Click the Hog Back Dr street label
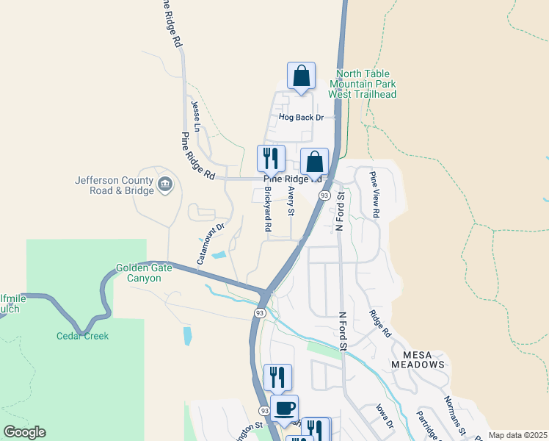click(x=301, y=117)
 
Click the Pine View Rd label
click(x=374, y=194)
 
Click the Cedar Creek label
click(x=82, y=336)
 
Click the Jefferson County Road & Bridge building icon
click(x=164, y=182)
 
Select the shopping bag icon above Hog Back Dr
click(x=301, y=76)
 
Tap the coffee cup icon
click(x=284, y=408)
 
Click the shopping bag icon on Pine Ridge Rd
click(x=314, y=162)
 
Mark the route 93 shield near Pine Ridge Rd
click(x=324, y=195)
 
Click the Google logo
click(x=24, y=432)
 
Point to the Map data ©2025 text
click(x=517, y=435)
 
